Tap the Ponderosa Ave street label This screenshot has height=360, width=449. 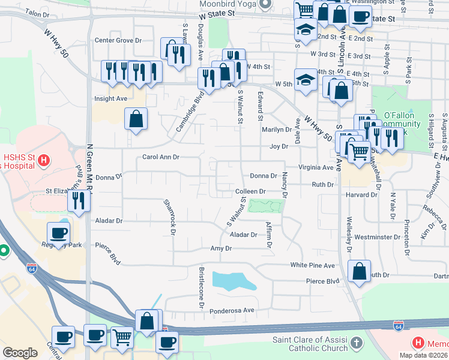[232, 310]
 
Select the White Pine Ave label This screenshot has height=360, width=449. [312, 265]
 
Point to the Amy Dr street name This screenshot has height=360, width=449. [221, 248]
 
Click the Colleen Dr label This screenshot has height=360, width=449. [250, 191]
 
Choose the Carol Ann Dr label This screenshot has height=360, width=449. [161, 157]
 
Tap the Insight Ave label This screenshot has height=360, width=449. [110, 98]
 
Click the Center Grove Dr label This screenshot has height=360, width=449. [118, 41]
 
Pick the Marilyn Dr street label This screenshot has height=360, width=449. [276, 130]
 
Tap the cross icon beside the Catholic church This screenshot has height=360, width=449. [357, 343]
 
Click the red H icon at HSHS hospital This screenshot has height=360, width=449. [43, 160]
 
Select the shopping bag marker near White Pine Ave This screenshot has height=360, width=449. [359, 271]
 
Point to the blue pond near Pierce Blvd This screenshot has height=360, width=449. [234, 280]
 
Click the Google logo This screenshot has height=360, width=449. [20, 353]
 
